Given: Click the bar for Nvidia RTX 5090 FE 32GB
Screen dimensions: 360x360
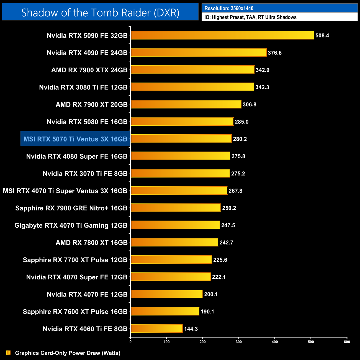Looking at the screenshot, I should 222,35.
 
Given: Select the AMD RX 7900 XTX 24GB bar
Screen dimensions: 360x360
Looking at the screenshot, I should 192,70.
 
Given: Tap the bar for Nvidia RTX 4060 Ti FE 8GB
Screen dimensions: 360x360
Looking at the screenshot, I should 156,329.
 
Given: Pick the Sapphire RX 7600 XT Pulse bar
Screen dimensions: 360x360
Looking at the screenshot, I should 165,311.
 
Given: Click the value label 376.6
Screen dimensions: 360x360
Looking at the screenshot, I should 274,53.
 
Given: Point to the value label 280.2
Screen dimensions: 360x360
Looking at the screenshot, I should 240,139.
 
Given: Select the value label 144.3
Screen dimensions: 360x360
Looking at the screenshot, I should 191,329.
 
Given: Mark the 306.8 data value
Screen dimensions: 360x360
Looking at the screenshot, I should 249,105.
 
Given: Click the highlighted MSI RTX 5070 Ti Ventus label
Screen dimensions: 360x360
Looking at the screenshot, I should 75,139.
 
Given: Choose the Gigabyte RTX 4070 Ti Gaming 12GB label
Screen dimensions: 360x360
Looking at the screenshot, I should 71,225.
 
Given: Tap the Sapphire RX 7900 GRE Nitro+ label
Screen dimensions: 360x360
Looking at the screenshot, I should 71,208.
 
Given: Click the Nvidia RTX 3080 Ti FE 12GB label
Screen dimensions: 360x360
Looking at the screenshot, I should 83,88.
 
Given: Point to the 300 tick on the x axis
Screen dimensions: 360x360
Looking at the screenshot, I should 239,342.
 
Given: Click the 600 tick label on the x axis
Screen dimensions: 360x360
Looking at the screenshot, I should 347,342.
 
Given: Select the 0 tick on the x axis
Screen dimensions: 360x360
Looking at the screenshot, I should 130,342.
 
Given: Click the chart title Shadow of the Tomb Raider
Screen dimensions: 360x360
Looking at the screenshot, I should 100,13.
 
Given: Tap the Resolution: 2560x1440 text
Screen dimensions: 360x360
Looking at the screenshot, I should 229,8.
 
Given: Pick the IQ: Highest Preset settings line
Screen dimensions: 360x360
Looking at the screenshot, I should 250,17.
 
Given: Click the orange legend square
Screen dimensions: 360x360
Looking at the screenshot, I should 8,353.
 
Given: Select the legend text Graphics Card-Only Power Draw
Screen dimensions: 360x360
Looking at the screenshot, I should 68,353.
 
